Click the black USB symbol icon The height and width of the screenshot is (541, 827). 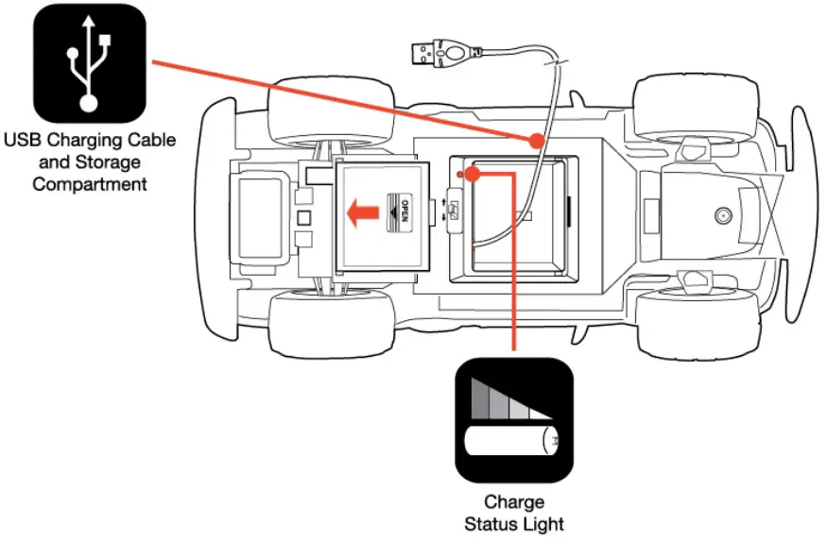(89, 62)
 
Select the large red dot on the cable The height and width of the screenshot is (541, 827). (537, 142)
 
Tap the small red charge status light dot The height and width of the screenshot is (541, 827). (460, 174)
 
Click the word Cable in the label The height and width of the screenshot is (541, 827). (151, 141)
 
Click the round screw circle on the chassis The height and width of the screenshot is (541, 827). (723, 214)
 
